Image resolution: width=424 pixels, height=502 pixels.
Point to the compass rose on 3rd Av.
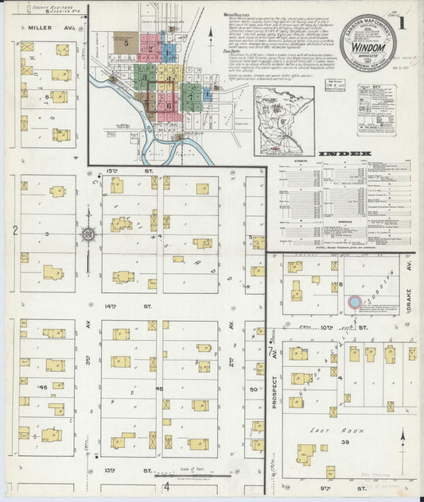coord(88,234)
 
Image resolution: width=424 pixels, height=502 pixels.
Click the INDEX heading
coord(345,153)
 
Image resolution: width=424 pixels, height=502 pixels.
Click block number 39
coord(344,441)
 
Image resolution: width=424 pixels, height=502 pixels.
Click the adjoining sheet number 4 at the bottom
coord(166,486)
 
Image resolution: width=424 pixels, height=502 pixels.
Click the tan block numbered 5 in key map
coord(126,44)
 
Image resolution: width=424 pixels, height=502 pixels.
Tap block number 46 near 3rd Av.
coord(42,387)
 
